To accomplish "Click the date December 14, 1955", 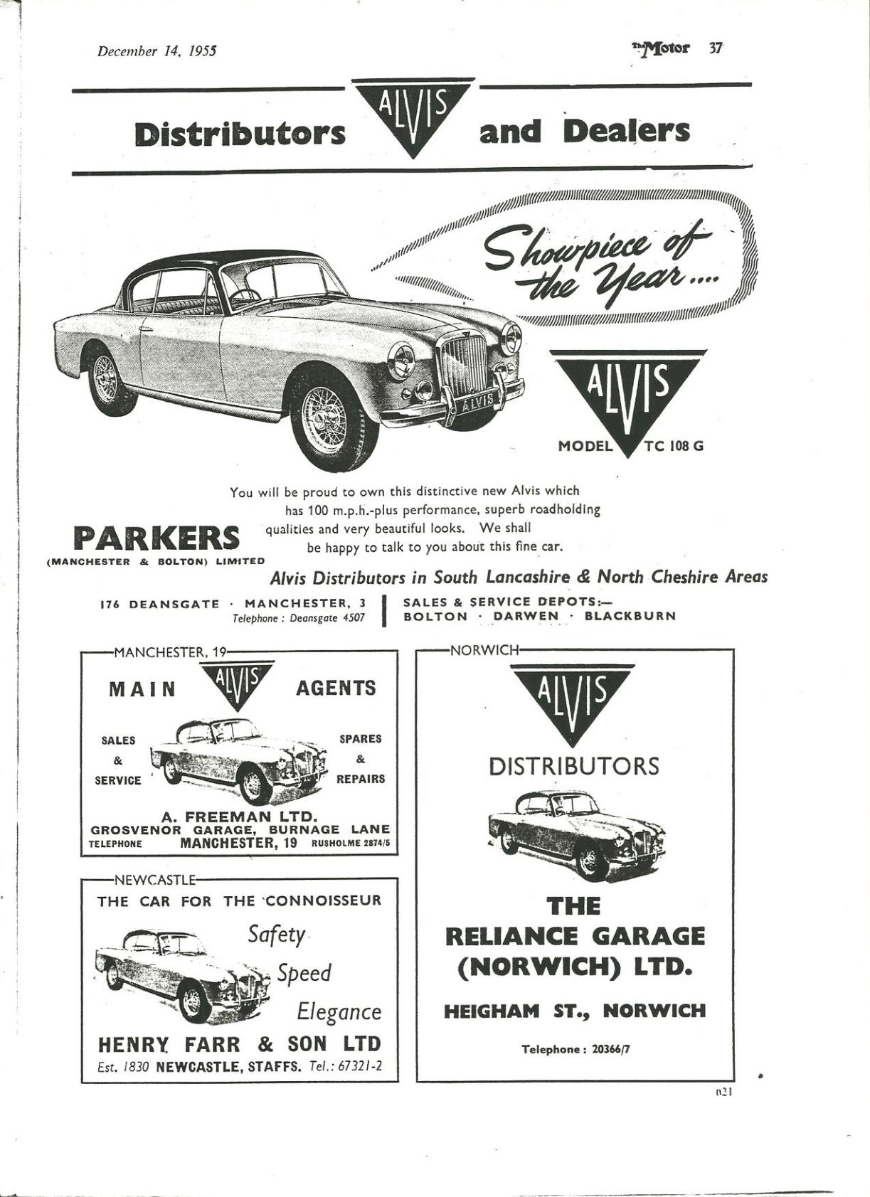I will [x=157, y=51].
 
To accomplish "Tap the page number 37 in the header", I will [x=715, y=48].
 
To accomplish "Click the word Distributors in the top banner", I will [x=240, y=134].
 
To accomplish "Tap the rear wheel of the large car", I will [x=107, y=381].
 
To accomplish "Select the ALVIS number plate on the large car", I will [x=477, y=403].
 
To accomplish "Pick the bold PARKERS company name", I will [x=157, y=538].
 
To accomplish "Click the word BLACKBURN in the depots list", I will [x=630, y=616].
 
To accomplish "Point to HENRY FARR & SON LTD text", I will [x=239, y=1044].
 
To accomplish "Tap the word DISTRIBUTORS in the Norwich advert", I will [x=574, y=766].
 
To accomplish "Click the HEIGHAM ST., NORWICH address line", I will [x=575, y=1011].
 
